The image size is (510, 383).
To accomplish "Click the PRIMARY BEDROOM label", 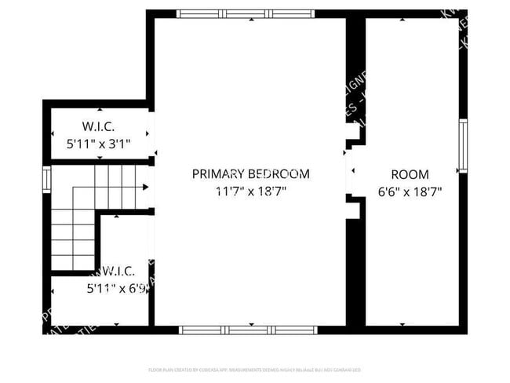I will (250, 174).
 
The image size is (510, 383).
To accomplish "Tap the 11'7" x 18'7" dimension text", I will (250, 190).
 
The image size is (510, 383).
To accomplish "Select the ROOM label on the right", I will (410, 174).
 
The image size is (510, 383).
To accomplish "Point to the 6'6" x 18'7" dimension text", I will (410, 190).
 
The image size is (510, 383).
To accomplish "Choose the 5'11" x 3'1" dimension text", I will (99, 144).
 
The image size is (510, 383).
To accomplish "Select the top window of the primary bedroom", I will (245, 13).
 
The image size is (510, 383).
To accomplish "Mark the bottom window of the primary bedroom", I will (245, 330).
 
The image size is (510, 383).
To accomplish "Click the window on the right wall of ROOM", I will (463, 146).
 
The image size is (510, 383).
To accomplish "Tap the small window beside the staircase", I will (47, 179).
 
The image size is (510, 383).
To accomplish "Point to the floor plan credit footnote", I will (254, 369).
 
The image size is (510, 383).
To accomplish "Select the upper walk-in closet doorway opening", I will (151, 135).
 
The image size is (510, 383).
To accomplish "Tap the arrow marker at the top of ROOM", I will (403, 20).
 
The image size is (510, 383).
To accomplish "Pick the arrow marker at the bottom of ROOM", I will (403, 323).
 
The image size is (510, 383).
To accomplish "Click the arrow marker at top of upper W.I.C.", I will (100, 111).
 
